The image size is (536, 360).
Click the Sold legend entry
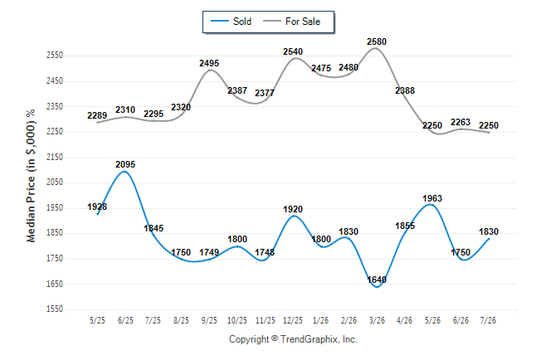(x=231, y=22)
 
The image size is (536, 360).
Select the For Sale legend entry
(x=291, y=22)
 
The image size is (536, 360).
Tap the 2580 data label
(x=377, y=41)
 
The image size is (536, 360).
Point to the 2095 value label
(x=125, y=164)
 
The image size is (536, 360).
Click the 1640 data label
(x=377, y=280)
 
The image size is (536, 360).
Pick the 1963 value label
(x=432, y=198)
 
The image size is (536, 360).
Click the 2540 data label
(x=293, y=51)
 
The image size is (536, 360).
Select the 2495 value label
(x=209, y=63)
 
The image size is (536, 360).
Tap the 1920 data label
(x=293, y=209)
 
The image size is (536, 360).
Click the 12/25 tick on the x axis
(x=293, y=320)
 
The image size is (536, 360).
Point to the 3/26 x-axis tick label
(x=377, y=320)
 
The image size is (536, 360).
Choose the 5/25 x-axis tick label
(x=97, y=320)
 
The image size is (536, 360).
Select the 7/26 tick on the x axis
(x=488, y=320)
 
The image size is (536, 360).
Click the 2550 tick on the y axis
(x=55, y=56)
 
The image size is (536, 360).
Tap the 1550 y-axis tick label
(x=55, y=309)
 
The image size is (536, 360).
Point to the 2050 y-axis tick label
(x=55, y=182)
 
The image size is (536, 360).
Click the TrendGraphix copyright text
(x=293, y=339)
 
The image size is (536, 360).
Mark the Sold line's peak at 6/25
(x=124, y=171)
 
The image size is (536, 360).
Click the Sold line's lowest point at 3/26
(x=377, y=287)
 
